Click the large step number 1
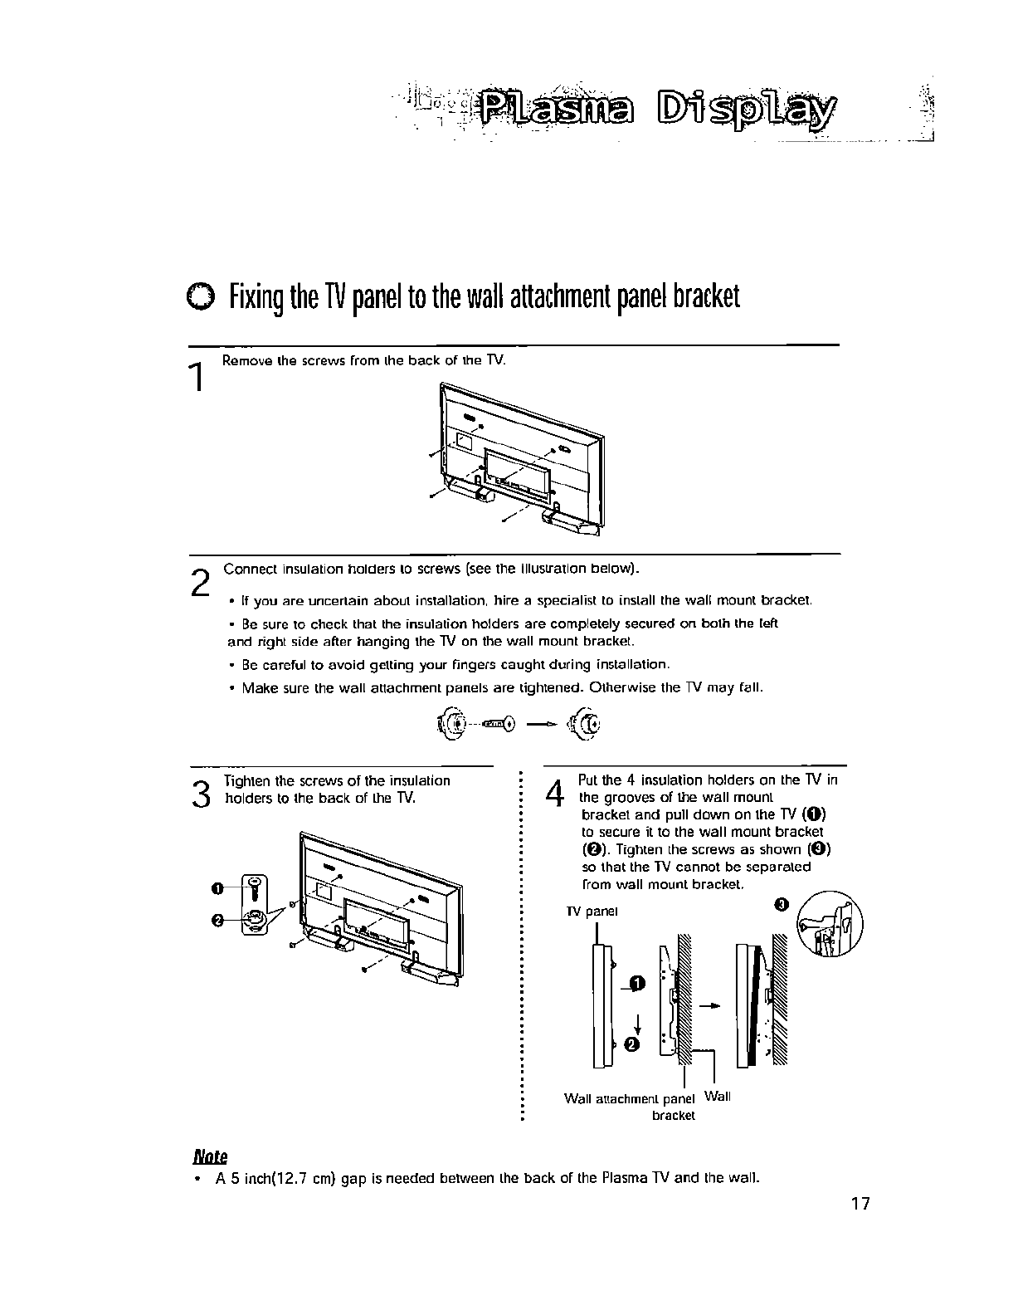[x=197, y=378]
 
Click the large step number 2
[x=199, y=580]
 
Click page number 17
[x=860, y=1203]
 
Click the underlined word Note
[x=210, y=1156]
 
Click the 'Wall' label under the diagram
[x=717, y=1097]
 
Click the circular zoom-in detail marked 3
[x=830, y=923]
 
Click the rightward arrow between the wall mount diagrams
[x=709, y=1005]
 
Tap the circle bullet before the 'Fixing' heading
[x=200, y=296]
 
